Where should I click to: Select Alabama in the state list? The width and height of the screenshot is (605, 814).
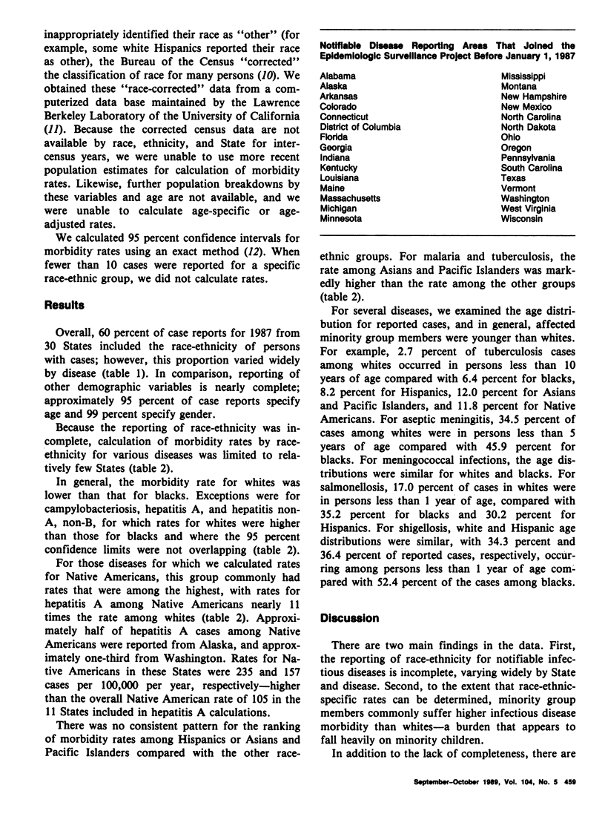338,76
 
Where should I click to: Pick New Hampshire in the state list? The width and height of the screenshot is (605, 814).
534,96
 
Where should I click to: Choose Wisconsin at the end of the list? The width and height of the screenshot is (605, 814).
523,220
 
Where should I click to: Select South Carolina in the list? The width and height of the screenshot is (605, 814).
531,168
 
